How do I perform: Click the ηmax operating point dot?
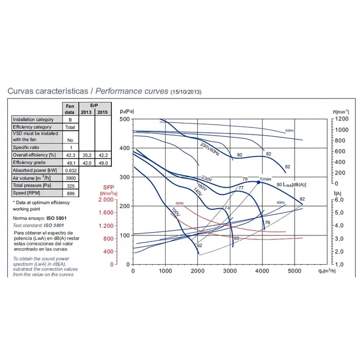tap(258, 182)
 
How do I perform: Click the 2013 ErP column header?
tap(86, 112)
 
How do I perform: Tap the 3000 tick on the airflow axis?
tap(230, 271)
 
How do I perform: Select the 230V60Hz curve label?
tap(210, 148)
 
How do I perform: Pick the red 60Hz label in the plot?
tap(179, 203)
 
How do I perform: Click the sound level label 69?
tap(236, 238)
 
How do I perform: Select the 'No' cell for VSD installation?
tap(70, 141)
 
